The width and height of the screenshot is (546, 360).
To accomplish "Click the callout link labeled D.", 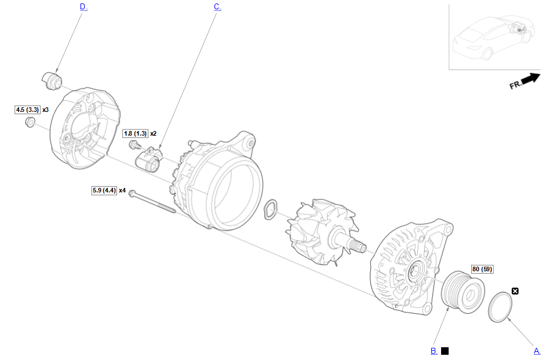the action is tap(83, 6).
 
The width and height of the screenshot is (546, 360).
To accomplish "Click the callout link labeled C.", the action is tap(217, 6).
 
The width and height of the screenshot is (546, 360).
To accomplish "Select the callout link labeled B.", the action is tap(434, 351).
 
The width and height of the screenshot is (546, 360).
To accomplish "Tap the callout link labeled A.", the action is tap(537, 351).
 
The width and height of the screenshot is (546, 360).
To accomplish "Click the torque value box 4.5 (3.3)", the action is tap(27, 110).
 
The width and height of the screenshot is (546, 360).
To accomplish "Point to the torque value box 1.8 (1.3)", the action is tap(136, 133).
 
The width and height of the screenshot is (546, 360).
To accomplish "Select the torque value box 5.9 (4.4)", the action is tap(104, 191).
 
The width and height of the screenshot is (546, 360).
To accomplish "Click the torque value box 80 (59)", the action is tap(482, 269).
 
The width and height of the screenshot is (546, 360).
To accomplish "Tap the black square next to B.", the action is tap(445, 351).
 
